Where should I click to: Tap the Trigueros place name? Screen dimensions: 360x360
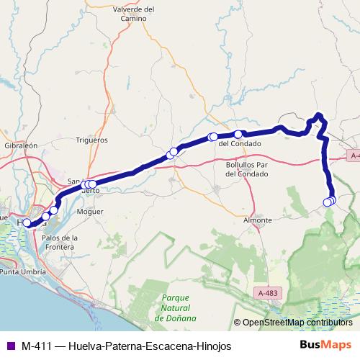[x=91, y=140]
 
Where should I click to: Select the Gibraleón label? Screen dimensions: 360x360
[x=20, y=145]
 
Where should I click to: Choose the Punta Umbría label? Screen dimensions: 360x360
[x=21, y=273]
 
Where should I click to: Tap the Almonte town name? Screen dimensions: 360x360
[x=258, y=220]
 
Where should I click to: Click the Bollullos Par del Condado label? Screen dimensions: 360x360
[x=243, y=169]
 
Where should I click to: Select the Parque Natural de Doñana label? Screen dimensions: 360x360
[x=176, y=307]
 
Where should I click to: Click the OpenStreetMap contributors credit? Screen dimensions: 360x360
[x=297, y=323]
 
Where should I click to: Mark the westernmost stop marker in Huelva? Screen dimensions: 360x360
[x=27, y=223]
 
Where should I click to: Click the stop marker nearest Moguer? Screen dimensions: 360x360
[x=92, y=184]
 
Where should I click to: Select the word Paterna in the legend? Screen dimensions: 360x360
[x=123, y=346]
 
